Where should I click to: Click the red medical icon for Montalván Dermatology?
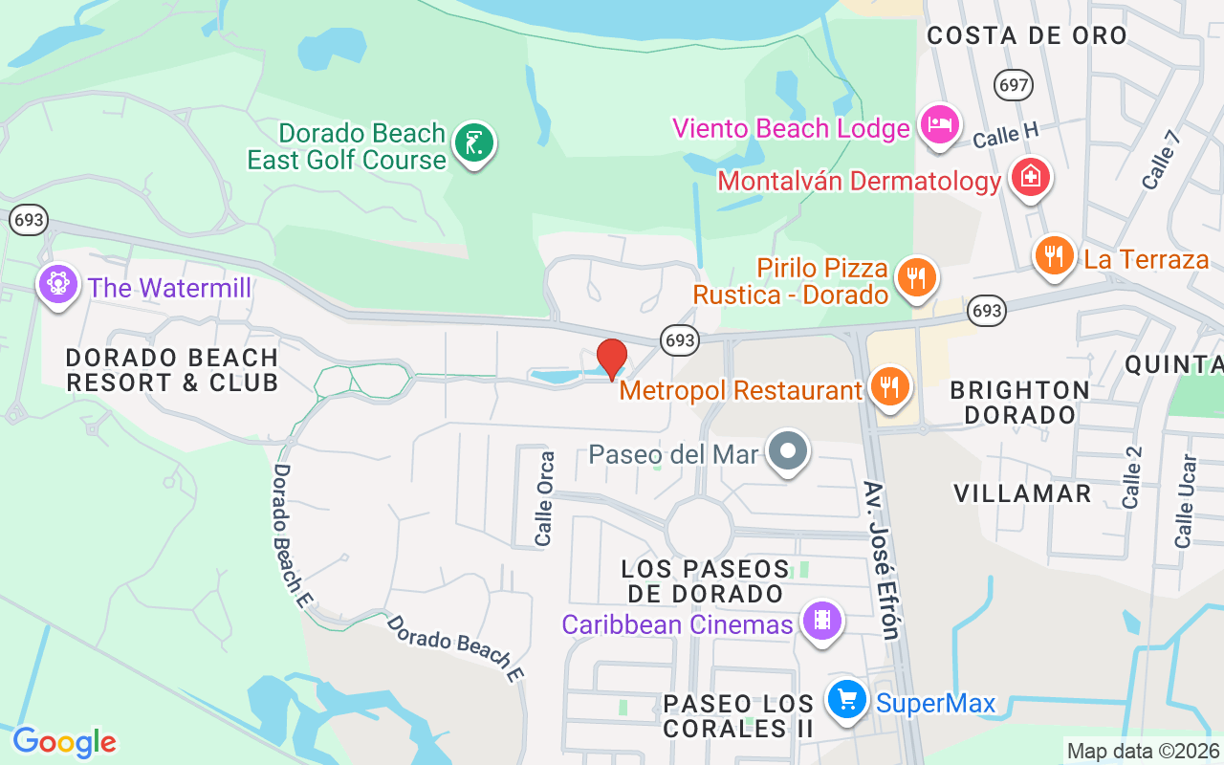(x=1030, y=178)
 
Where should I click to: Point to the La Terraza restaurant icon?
(x=1054, y=256)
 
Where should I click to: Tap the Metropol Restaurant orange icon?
(x=890, y=387)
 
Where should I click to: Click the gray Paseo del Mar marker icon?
(x=788, y=450)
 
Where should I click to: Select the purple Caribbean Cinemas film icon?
(x=821, y=622)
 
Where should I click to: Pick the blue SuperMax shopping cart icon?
(x=846, y=701)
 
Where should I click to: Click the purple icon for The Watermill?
(x=57, y=284)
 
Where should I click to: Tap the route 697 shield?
(x=1013, y=85)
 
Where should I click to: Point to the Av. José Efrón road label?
(x=882, y=559)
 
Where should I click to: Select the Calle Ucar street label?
(x=1186, y=501)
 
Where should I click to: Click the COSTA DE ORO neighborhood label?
(x=1027, y=35)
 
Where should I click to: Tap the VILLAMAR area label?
(x=1022, y=493)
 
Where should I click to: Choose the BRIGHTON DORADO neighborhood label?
(x=1019, y=403)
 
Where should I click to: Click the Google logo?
(x=64, y=742)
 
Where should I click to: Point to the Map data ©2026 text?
(x=1143, y=751)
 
